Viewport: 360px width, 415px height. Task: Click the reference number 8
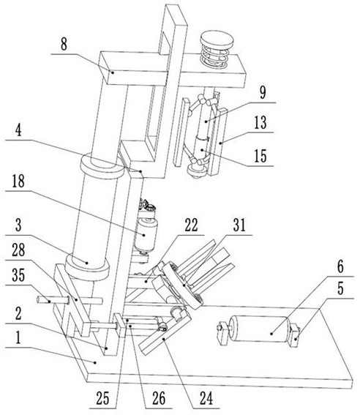coord(64,45)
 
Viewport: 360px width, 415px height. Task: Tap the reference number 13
coord(260,122)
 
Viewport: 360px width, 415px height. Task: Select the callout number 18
coord(18,182)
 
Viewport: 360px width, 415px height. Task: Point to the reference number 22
coord(191,225)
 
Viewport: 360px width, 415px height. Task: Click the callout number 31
coord(239,225)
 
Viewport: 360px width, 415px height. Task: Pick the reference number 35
coord(18,275)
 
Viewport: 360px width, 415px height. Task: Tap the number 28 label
coord(18,250)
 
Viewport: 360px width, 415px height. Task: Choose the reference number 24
coord(206,398)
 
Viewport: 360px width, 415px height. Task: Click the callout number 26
coord(159,398)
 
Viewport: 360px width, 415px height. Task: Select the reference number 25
coord(102,398)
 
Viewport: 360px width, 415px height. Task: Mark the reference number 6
coord(340,266)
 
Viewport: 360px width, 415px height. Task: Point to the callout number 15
coord(260,156)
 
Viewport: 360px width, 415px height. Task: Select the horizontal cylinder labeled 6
coord(259,329)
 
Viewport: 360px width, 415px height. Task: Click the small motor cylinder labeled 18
coord(146,235)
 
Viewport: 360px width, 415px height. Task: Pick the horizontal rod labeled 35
coord(70,300)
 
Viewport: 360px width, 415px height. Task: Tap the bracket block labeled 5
coord(295,336)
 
